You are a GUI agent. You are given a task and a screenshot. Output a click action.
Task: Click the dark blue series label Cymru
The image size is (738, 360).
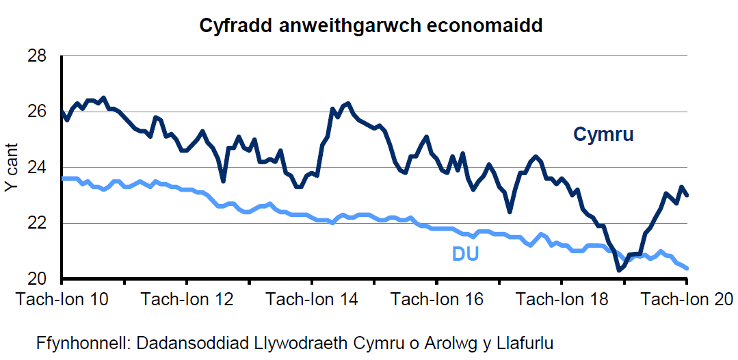[603, 134]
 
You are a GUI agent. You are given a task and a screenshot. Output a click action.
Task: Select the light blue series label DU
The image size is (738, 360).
[465, 255]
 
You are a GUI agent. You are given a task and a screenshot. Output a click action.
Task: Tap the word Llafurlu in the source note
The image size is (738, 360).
[526, 343]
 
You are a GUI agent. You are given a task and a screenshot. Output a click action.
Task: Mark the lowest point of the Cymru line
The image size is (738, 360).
[619, 270]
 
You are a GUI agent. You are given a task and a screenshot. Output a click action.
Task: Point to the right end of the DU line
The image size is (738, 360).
[687, 268]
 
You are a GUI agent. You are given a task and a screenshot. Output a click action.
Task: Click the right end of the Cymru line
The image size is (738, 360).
[687, 195]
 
